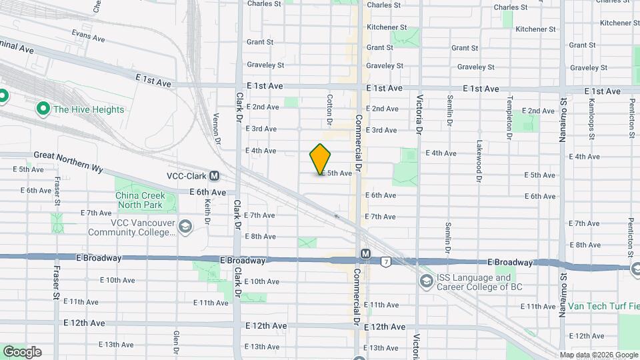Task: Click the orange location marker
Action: tap(321, 159)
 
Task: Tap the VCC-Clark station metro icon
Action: tap(214, 177)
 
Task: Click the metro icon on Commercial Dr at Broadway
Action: tap(365, 254)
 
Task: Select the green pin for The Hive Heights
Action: tap(44, 108)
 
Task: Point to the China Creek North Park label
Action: tap(146, 200)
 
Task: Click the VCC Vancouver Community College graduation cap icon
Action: tap(184, 228)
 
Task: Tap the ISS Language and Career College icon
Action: tap(425, 282)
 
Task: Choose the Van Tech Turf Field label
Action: tap(603, 307)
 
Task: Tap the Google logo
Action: tap(22, 352)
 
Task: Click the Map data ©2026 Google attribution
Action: tap(598, 355)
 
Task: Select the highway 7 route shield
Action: tap(386, 262)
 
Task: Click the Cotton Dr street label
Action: tap(329, 110)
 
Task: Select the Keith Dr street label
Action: tap(207, 212)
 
